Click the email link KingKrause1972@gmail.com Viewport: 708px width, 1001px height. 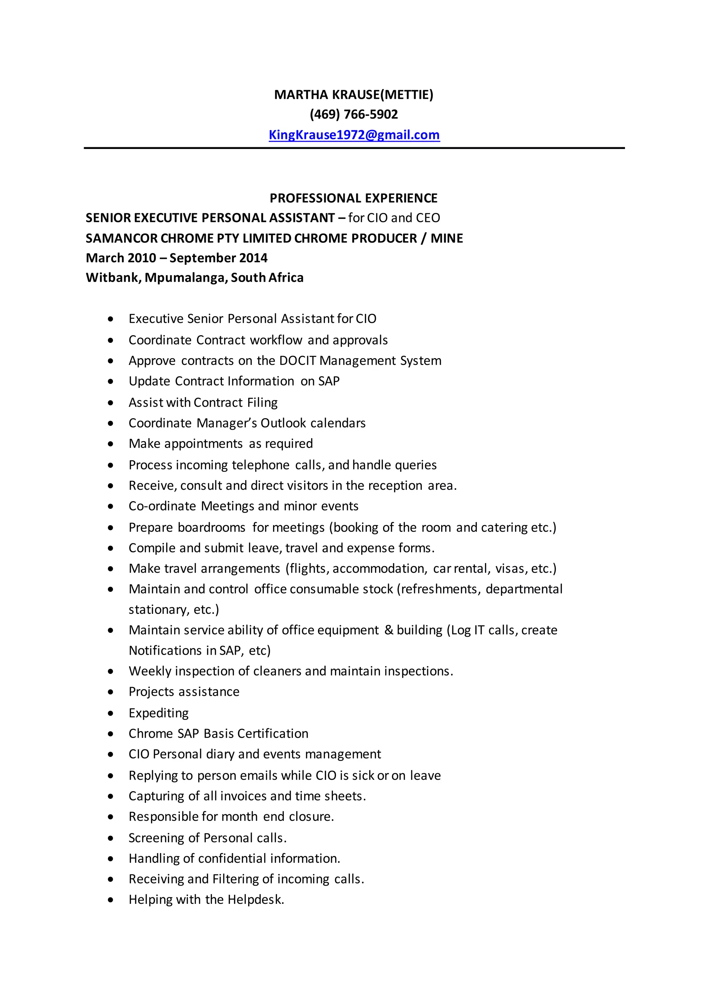pyautogui.click(x=354, y=135)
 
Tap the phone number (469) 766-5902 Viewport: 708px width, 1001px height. pyautogui.click(x=354, y=115)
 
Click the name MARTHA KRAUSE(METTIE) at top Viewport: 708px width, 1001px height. pyautogui.click(x=354, y=95)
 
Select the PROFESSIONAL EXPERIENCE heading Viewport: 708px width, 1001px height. pyautogui.click(x=354, y=198)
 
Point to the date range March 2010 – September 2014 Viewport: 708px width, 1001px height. pyautogui.click(x=177, y=258)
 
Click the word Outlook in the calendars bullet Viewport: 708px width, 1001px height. pyautogui.click(x=284, y=423)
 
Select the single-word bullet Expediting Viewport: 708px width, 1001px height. pyautogui.click(x=159, y=713)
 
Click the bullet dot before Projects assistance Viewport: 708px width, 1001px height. pyautogui.click(x=111, y=692)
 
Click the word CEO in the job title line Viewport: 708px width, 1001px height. pyautogui.click(x=428, y=218)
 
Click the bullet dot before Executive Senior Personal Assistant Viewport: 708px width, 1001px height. pyautogui.click(x=111, y=319)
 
